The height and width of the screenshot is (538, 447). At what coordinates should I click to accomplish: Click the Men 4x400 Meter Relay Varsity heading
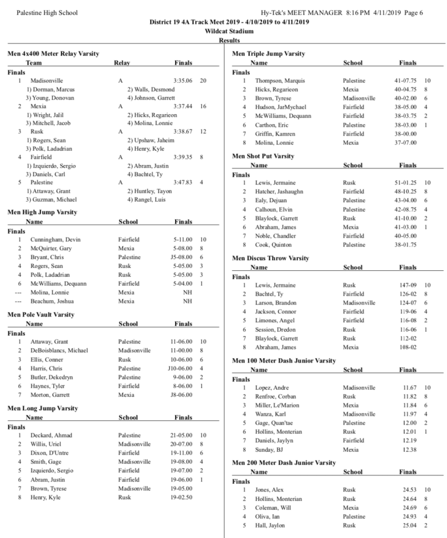click(x=52, y=53)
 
